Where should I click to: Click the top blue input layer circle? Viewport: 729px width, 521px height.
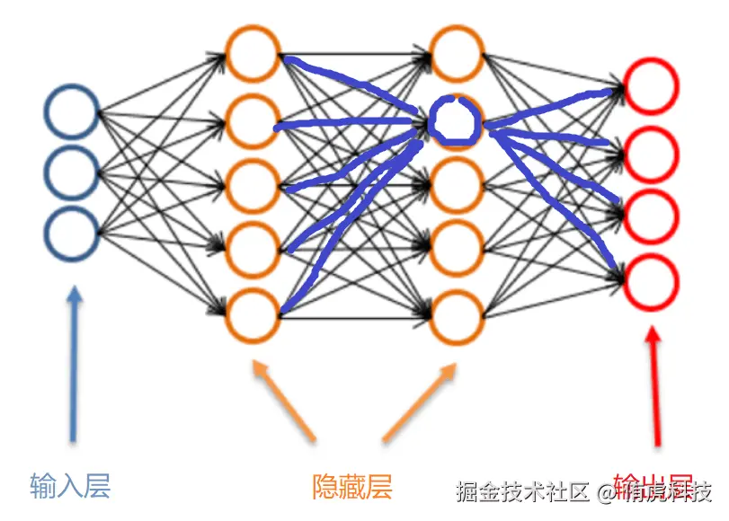tap(71, 112)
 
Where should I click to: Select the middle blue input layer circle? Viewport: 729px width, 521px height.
tap(71, 172)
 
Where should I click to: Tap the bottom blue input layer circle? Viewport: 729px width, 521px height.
tap(71, 232)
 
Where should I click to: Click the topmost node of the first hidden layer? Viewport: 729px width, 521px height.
tap(253, 53)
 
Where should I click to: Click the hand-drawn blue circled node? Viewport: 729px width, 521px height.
tap(456, 120)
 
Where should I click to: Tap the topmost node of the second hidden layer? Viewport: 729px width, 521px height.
tap(457, 53)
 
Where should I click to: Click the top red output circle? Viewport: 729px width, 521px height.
tap(652, 87)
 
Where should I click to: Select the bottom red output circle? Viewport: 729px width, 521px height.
tap(652, 281)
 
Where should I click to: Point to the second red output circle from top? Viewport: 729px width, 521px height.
tap(652, 155)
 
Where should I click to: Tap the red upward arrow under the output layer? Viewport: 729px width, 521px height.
tap(657, 386)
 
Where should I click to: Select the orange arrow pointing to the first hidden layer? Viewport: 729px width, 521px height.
tap(286, 400)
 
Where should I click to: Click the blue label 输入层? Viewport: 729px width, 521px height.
tap(70, 486)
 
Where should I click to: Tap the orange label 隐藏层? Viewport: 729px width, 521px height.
tap(352, 487)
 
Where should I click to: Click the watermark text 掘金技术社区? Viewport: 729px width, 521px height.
tap(522, 492)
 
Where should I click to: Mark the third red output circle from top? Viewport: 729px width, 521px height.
tap(652, 218)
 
